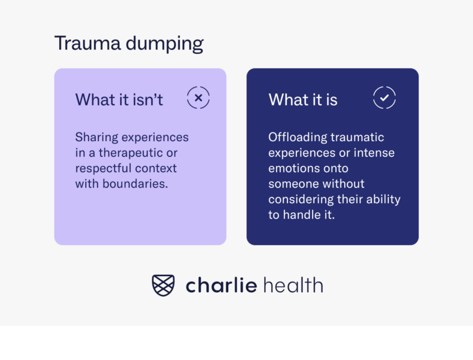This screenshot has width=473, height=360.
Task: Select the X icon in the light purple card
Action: pyautogui.click(x=198, y=98)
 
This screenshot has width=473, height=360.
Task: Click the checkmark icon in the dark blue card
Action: pyautogui.click(x=384, y=98)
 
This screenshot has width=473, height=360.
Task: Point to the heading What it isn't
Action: pyautogui.click(x=119, y=99)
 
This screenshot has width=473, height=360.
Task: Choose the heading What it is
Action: pyautogui.click(x=303, y=99)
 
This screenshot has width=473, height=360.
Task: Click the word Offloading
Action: pyautogui.click(x=297, y=138)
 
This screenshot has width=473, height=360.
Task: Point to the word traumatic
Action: pyautogui.click(x=357, y=138)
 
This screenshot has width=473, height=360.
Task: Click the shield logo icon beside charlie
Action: pyautogui.click(x=163, y=286)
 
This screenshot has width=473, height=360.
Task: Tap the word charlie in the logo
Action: pyautogui.click(x=221, y=286)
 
